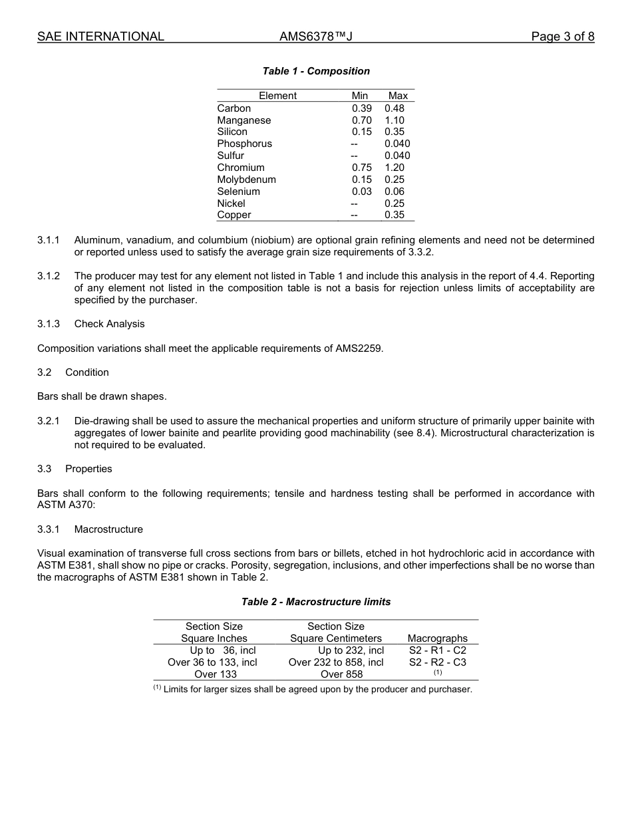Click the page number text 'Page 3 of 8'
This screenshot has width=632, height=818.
click(562, 37)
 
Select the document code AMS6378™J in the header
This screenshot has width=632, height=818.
click(315, 37)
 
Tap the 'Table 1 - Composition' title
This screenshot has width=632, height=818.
click(316, 71)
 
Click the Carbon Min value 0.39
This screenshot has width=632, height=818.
click(362, 108)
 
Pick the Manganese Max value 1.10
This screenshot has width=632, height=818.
click(395, 120)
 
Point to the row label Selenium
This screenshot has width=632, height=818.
click(238, 192)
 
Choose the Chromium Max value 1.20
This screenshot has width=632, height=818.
click(395, 168)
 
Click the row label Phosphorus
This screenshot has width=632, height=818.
click(244, 144)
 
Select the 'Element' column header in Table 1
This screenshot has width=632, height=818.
click(277, 96)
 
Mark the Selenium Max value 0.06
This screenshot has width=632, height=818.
click(395, 192)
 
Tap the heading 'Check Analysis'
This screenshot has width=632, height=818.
click(109, 324)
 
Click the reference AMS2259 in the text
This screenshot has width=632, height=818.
click(359, 348)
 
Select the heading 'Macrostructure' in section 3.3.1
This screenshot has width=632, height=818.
click(108, 529)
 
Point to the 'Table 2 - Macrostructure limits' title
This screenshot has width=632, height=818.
click(316, 602)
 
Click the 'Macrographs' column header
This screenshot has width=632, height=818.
click(438, 638)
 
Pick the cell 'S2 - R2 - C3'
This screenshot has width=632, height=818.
click(438, 662)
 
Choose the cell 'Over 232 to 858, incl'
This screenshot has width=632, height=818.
click(336, 662)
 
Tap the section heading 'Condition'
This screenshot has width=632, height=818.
click(87, 372)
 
